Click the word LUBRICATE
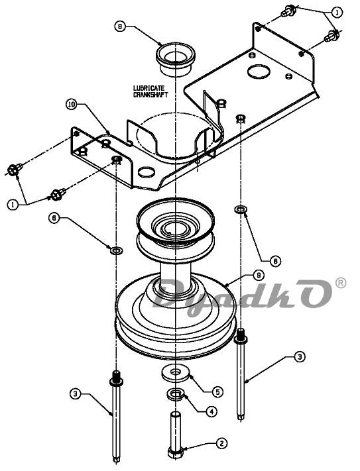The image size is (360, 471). (149, 88)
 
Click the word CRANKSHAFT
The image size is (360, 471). (150, 94)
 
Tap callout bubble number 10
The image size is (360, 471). (72, 105)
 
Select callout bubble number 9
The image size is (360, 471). (259, 275)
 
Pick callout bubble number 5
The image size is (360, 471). (217, 392)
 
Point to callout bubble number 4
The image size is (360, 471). (211, 411)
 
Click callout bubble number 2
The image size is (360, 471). (222, 444)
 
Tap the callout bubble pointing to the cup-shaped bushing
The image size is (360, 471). (120, 26)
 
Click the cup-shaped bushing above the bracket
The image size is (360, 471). (176, 59)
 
